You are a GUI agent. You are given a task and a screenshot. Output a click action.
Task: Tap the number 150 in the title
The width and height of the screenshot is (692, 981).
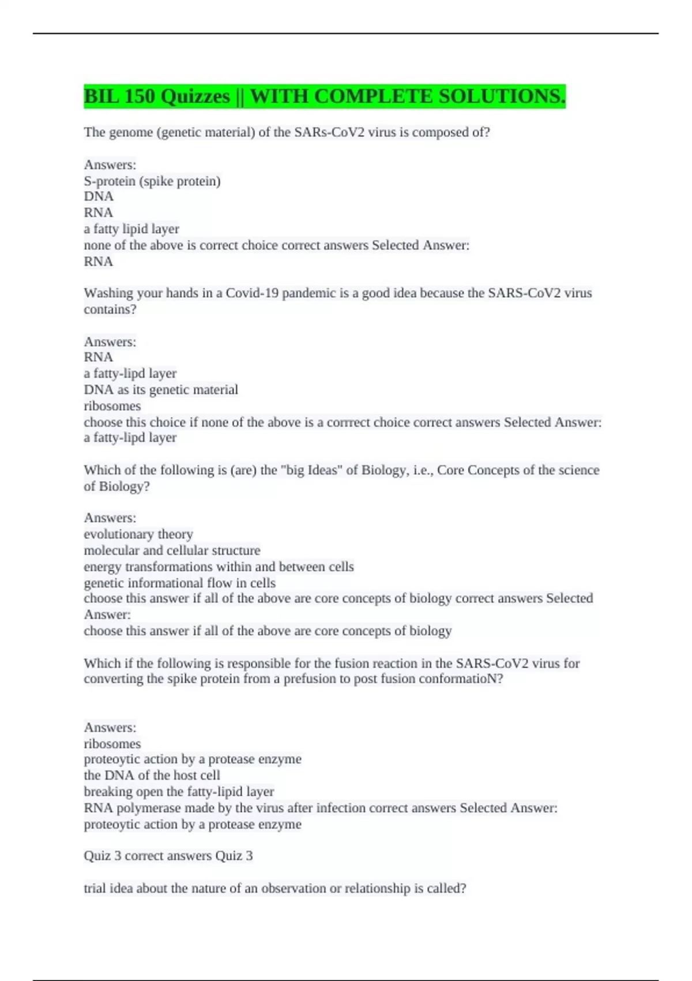(x=138, y=96)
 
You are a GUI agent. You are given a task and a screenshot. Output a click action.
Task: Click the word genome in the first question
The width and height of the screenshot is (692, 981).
(x=132, y=132)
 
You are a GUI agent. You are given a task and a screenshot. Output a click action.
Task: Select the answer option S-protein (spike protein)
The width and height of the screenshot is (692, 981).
(x=152, y=181)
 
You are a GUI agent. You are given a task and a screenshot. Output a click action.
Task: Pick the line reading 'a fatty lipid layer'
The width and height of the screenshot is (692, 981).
(x=131, y=229)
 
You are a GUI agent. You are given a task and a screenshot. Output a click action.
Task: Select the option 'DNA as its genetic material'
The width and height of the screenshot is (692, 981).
(x=161, y=390)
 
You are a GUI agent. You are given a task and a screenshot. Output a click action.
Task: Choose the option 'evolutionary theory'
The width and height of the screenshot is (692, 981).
(x=138, y=534)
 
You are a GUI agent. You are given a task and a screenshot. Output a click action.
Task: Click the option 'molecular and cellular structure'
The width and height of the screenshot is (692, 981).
(x=172, y=551)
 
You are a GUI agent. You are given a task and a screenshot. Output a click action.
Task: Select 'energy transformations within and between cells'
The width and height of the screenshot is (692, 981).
(x=219, y=567)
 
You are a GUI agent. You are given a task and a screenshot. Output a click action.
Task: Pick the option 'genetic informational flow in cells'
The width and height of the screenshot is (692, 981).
(x=179, y=583)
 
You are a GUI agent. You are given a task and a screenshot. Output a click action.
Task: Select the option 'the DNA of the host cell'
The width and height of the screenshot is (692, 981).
(x=152, y=776)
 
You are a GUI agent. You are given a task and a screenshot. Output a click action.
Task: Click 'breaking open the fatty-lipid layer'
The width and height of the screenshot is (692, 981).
(x=179, y=792)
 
